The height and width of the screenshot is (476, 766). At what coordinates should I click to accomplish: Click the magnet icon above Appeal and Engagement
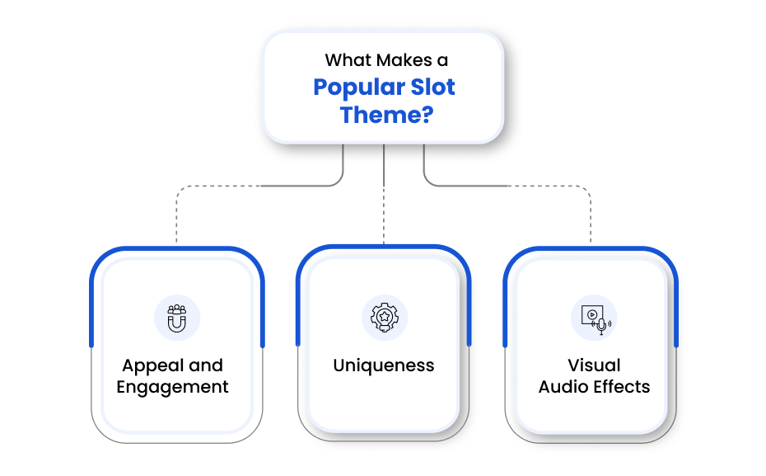tap(177, 318)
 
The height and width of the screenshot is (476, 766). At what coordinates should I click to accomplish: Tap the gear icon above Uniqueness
tap(384, 318)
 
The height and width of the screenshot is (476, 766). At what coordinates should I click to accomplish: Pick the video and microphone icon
tap(594, 318)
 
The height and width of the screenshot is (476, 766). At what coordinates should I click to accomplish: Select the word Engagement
tap(173, 387)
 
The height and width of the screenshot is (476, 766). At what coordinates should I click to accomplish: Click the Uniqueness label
tap(384, 365)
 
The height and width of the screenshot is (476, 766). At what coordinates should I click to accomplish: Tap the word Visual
tap(594, 365)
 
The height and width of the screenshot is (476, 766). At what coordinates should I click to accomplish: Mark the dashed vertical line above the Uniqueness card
tap(384, 214)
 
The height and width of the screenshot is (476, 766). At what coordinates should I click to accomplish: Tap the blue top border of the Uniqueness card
tap(384, 247)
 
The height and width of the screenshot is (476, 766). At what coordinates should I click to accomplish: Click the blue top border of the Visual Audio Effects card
tap(591, 248)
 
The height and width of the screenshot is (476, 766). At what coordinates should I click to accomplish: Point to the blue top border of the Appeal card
tap(177, 248)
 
